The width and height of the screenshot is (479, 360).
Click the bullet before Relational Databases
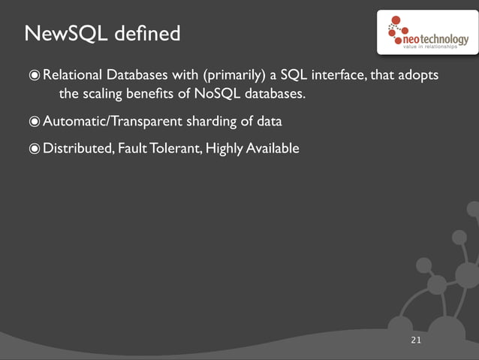(34, 76)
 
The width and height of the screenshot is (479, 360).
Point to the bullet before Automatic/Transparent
(34, 121)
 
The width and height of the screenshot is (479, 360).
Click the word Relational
(72, 76)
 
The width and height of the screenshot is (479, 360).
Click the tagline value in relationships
(430, 47)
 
